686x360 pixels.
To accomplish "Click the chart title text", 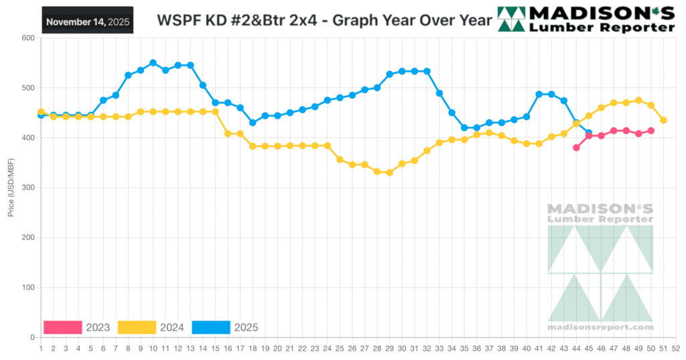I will [324, 20].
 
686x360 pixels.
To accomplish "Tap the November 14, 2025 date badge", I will [87, 21].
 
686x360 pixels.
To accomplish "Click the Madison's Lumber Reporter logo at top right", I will [586, 19].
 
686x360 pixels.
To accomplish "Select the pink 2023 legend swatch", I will [62, 327].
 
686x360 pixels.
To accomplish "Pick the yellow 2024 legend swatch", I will [137, 327].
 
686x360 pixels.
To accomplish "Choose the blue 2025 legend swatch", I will [210, 327].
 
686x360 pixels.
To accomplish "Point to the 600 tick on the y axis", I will [27, 38].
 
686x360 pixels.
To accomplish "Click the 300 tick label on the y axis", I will [27, 188].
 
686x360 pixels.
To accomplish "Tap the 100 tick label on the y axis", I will [27, 288].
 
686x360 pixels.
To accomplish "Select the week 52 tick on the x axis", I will [676, 349].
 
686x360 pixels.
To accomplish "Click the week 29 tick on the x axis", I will [389, 349].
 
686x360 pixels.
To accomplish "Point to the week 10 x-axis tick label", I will [153, 349].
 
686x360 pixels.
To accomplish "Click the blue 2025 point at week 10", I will [153, 63].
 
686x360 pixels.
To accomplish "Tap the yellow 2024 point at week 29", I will [389, 172].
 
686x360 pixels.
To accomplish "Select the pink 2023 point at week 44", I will [576, 147].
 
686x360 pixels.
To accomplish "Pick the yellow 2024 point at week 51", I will [663, 120].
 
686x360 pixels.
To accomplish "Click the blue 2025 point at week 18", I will [253, 123].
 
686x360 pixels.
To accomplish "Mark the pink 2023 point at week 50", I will [651, 131].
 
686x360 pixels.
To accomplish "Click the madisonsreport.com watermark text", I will [600, 327].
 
